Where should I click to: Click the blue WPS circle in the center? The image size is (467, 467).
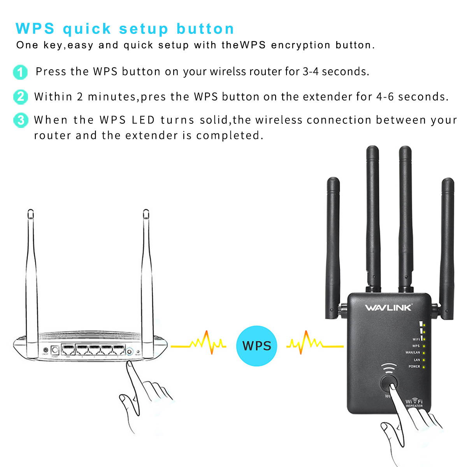tap(256, 345)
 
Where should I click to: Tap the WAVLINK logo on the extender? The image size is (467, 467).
tap(388, 308)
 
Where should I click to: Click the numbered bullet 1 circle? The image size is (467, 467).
tap(20, 72)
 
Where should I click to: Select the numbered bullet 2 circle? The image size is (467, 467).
tap(20, 97)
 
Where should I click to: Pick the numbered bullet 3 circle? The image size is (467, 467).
tap(20, 120)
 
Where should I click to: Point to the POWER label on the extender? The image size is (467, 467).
tap(414, 367)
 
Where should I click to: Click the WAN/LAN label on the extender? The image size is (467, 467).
tap(413, 353)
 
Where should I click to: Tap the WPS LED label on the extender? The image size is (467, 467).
tap(416, 346)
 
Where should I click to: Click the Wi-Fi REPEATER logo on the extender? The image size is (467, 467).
tap(414, 403)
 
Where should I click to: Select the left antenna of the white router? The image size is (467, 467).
tap(32, 272)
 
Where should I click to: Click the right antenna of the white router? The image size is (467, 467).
tap(146, 272)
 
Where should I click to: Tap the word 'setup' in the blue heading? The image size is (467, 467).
tap(144, 29)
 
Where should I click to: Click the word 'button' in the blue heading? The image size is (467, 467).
tap(205, 29)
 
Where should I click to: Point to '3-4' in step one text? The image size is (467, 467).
tap(311, 72)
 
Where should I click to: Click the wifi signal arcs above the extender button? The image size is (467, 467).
tap(388, 367)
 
